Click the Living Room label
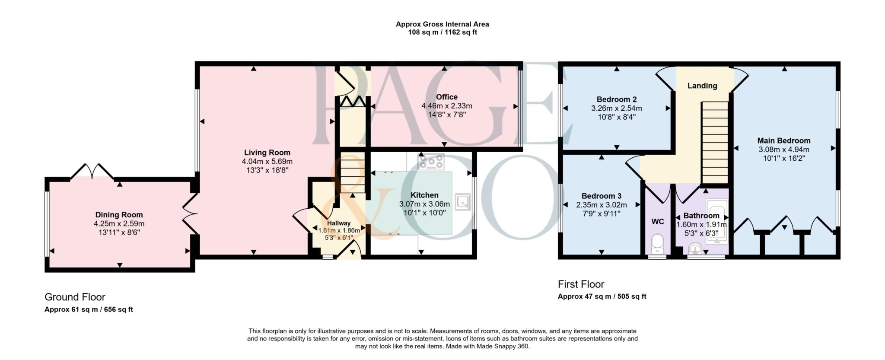click(267, 153)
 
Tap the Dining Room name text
click(119, 215)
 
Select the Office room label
click(446, 97)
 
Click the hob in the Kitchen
click(431, 162)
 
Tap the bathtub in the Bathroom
click(717, 221)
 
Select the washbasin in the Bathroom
click(695, 248)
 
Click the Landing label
click(702, 86)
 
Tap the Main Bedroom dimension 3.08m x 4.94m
click(784, 150)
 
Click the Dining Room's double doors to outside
click(92, 171)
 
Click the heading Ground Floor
click(75, 297)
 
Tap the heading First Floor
click(581, 284)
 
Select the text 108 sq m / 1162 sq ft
click(442, 32)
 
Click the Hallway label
click(339, 223)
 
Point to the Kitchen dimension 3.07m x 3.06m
click(424, 204)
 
